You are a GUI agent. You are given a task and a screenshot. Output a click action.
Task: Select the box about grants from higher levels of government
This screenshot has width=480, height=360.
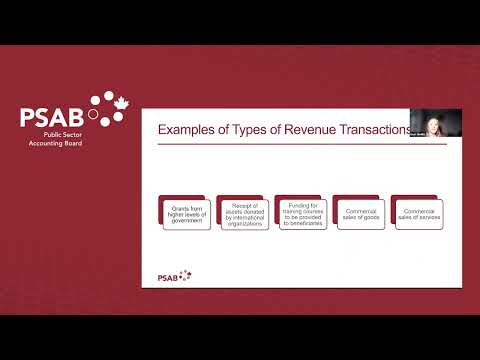click(187, 213)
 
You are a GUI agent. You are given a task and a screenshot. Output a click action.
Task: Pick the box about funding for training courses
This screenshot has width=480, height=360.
click(302, 213)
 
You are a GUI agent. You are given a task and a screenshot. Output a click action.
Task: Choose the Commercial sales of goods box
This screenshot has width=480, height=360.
click(360, 213)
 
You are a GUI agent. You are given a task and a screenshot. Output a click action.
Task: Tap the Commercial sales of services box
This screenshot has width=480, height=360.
click(417, 213)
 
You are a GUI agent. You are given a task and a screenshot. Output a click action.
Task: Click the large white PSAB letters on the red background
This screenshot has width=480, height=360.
click(52, 116)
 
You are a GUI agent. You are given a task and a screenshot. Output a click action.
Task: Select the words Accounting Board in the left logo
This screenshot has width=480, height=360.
click(55, 144)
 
